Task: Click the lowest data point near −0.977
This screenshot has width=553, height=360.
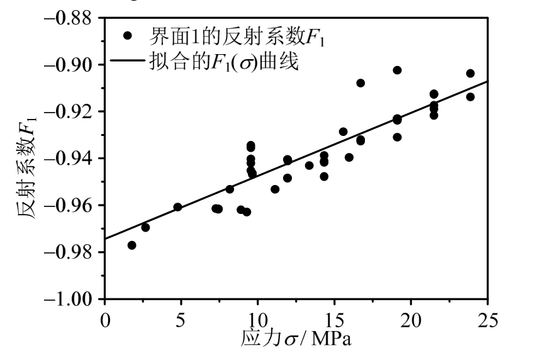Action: point(131,245)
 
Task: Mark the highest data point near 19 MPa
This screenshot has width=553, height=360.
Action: point(397,70)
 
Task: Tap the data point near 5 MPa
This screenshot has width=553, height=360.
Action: point(177,207)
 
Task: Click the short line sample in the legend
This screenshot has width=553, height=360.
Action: point(130,62)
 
